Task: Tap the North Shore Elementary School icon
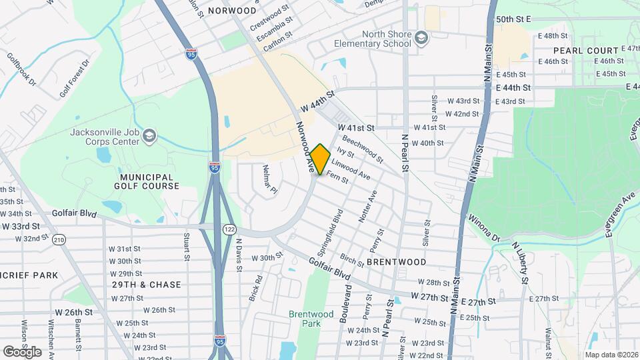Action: tap(421, 39)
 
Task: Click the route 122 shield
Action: tap(229, 229)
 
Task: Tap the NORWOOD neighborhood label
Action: tap(231, 11)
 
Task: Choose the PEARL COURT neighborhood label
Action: tap(577, 51)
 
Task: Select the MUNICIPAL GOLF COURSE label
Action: tap(147, 181)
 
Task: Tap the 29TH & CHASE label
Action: tap(147, 285)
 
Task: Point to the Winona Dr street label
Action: tap(483, 227)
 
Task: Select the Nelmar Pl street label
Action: tap(269, 180)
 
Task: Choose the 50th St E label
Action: tap(513, 20)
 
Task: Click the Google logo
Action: tap(22, 351)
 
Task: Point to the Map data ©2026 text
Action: tap(611, 354)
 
